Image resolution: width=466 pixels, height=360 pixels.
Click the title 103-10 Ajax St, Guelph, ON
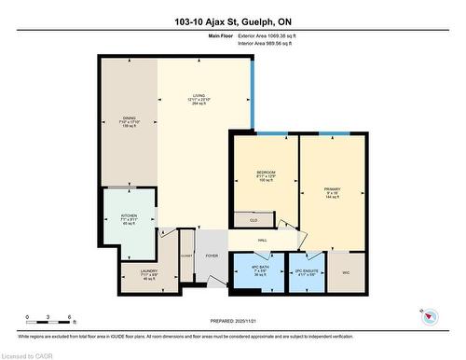point(232,21)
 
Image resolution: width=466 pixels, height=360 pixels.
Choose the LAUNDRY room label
point(130,275)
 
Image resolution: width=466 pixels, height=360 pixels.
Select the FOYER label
point(212,255)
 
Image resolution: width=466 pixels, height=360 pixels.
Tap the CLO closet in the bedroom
point(252,220)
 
